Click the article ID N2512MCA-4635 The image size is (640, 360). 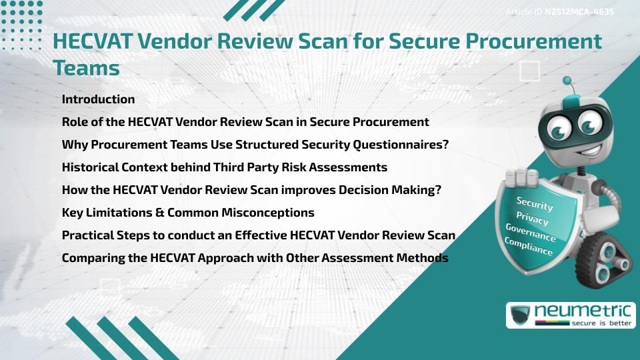[x=578, y=12]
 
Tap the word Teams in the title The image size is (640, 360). [x=86, y=68]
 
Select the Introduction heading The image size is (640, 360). [x=98, y=99]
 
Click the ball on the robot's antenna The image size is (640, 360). [x=567, y=81]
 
